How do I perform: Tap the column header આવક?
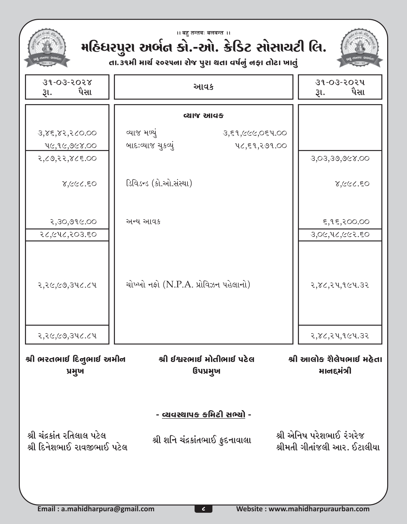point(203,87)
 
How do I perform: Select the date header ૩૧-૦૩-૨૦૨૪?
point(67,83)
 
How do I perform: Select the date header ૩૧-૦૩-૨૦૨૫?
point(340,83)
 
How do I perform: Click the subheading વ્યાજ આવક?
point(203,116)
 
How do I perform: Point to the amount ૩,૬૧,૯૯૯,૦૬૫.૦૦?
point(254,133)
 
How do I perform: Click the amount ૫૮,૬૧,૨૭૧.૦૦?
point(259,146)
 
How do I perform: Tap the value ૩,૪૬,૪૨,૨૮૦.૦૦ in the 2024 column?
point(67,133)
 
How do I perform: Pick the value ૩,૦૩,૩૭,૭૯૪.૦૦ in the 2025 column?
point(340,159)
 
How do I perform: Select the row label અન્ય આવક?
point(143,222)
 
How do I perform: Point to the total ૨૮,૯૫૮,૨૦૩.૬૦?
point(67,235)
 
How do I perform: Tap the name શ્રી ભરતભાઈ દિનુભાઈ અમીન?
point(76,360)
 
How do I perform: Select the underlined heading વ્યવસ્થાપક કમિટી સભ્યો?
point(203,415)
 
